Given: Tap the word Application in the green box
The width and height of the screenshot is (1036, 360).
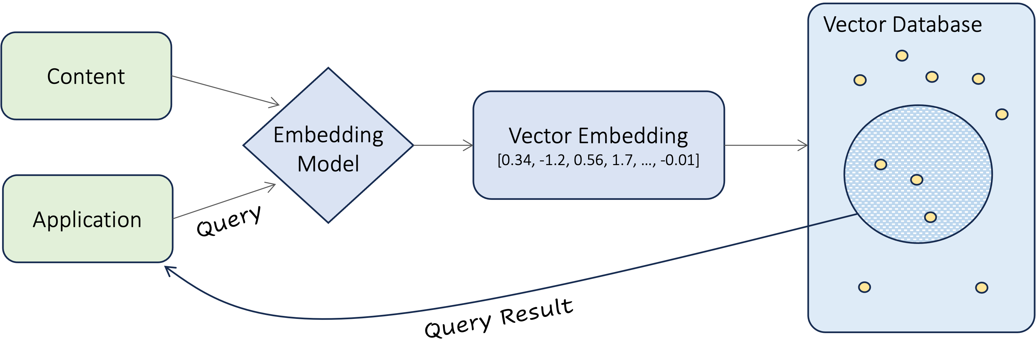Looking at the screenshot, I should (x=87, y=220).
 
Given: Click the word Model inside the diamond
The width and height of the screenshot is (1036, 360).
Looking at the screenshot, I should (x=328, y=164).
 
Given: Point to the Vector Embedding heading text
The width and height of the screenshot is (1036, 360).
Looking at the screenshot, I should (x=598, y=136).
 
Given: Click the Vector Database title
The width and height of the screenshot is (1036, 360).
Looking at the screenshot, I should (x=902, y=25).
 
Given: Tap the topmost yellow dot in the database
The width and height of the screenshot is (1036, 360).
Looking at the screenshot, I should (x=902, y=55).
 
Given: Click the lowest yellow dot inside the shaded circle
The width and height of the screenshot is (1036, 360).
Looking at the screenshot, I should (x=931, y=217).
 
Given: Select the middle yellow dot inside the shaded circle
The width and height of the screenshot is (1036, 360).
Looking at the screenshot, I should (x=917, y=179).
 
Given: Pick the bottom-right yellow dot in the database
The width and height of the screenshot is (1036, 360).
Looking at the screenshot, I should (x=982, y=288).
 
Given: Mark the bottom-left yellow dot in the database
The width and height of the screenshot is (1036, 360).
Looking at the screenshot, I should (x=865, y=287).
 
